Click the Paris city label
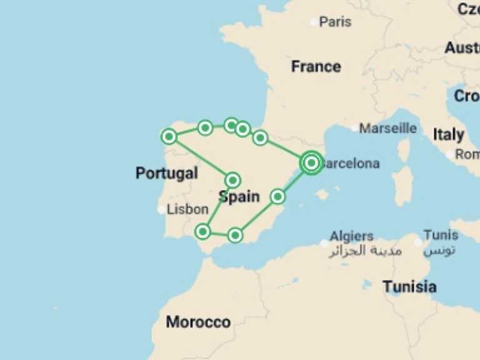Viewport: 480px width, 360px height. [x=335, y=22]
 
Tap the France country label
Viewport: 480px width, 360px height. [x=316, y=67]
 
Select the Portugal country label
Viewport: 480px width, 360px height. [x=166, y=173]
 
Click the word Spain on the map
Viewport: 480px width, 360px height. [x=239, y=197]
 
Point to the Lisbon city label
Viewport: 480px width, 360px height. [x=187, y=210]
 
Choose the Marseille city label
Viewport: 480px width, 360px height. [x=387, y=128]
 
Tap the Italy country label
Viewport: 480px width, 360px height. [x=448, y=134]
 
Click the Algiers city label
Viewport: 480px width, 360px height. [x=351, y=236]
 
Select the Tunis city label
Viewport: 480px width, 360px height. [x=440, y=235]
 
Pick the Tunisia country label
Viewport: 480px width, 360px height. [x=409, y=287]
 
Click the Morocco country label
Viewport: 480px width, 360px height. [x=198, y=322]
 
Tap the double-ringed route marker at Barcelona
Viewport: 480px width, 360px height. [x=311, y=162]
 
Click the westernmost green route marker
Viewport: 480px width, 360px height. [x=169, y=136]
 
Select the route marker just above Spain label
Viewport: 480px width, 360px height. [x=232, y=180]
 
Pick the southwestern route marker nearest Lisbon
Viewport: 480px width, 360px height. [x=202, y=231]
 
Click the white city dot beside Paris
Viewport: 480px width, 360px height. [x=314, y=22]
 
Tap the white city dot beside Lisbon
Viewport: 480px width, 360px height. [x=162, y=210]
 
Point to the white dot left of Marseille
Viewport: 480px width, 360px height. [x=354, y=128]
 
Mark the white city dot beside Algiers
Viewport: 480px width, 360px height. [x=324, y=243]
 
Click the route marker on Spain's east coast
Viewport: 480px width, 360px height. [x=277, y=196]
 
